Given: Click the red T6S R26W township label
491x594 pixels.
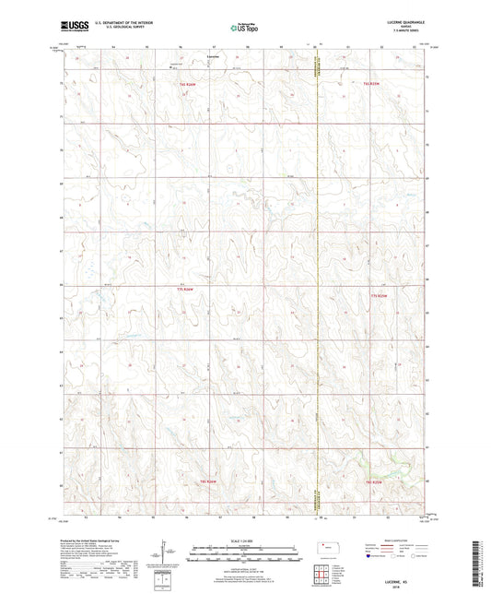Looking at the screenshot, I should tap(188, 84).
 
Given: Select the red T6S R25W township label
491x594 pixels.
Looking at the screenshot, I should tap(371, 84).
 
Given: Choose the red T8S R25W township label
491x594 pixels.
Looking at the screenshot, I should tap(373, 481).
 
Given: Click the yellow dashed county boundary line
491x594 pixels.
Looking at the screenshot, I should tap(316, 277).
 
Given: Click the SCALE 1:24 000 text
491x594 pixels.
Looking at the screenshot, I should tap(245, 541).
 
